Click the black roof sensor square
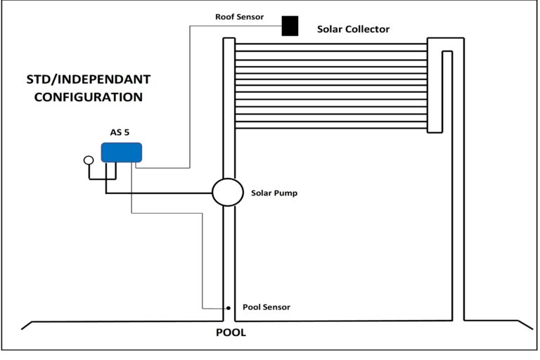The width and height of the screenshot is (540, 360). click(x=290, y=25)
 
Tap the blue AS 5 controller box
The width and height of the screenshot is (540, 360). click(x=122, y=153)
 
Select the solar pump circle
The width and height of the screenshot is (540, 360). click(x=227, y=192)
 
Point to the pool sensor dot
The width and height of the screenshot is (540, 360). click(x=228, y=308)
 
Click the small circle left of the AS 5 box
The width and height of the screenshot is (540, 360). click(x=89, y=160)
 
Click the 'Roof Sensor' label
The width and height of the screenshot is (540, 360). click(x=240, y=16)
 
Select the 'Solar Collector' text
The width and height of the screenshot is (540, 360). click(x=353, y=29)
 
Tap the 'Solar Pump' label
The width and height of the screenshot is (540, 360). click(x=274, y=193)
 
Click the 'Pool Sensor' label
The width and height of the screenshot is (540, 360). click(x=266, y=307)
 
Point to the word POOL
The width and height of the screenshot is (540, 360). click(x=230, y=333)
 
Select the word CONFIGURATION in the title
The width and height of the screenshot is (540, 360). click(x=89, y=97)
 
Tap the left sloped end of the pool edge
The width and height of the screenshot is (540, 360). click(x=27, y=325)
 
